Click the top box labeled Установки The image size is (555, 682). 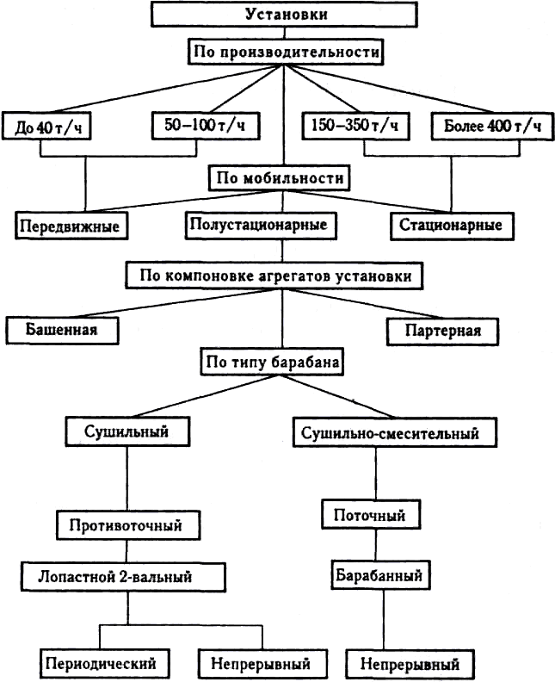click(286, 14)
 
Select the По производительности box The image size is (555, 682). click(286, 52)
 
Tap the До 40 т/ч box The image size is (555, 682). click(47, 127)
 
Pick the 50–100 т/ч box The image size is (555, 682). click(205, 126)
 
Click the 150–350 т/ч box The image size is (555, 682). click(355, 126)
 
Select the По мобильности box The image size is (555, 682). click(277, 179)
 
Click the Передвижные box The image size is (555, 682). click(70, 226)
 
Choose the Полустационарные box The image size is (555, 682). click(258, 226)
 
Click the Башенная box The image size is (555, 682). click(61, 330)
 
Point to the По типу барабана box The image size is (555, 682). click(272, 363)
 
